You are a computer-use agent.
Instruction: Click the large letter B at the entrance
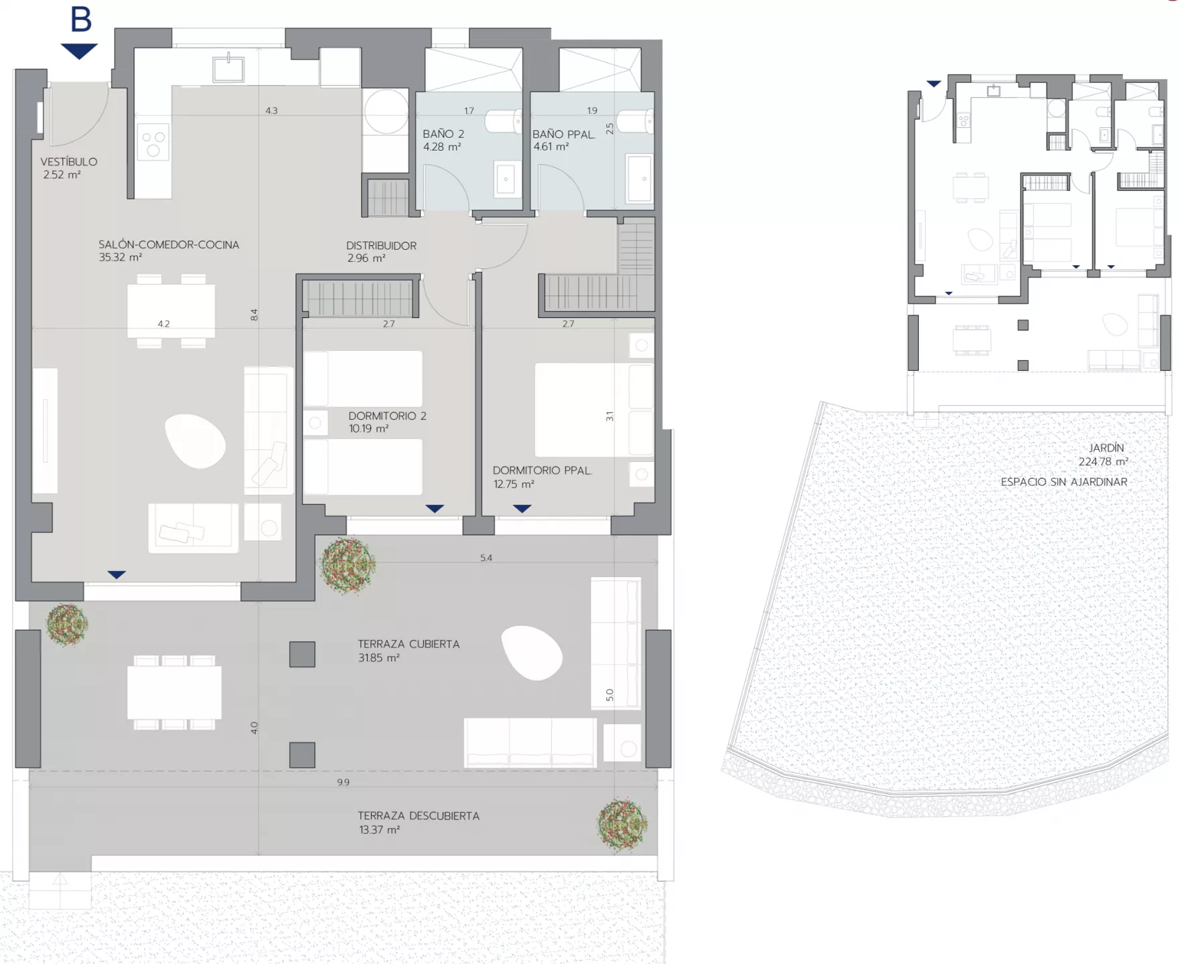coord(81,19)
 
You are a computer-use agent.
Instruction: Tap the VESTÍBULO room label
coord(68,162)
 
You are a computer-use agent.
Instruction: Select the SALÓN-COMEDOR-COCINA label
coord(169,245)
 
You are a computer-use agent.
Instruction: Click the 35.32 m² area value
coord(120,258)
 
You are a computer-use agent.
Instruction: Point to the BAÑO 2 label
coord(443,134)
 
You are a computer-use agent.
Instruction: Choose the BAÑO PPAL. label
coord(564,134)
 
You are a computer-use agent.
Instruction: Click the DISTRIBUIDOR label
coord(381,246)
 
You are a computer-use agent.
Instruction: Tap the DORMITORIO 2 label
coord(387,416)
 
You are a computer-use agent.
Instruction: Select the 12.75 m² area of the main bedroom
coord(514,484)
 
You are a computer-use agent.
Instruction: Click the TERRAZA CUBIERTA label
coord(409,644)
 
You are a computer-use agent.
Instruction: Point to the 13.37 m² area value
coord(379,830)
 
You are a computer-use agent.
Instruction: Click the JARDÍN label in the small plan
coord(1106,448)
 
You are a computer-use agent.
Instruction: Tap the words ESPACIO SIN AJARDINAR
coord(1064,482)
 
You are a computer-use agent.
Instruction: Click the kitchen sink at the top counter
coord(228,68)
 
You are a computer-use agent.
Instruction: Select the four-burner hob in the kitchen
coord(153,142)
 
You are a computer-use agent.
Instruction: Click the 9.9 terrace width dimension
coord(343,782)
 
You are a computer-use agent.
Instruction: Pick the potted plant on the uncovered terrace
coord(622,825)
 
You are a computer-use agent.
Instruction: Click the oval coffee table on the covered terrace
coord(532,653)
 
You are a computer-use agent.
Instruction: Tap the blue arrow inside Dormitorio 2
coord(435,509)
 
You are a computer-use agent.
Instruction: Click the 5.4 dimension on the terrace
coord(486,558)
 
